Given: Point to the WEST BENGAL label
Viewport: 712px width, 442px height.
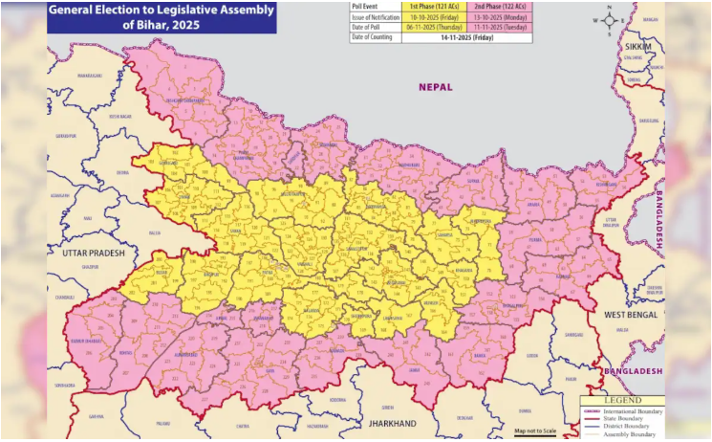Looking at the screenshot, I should (x=631, y=315).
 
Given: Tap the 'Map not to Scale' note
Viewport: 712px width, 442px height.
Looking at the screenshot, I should (x=536, y=431).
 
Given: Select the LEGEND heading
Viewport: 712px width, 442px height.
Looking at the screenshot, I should (x=622, y=400).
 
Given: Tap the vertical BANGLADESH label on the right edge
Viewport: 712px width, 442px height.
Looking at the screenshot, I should (x=658, y=219).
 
